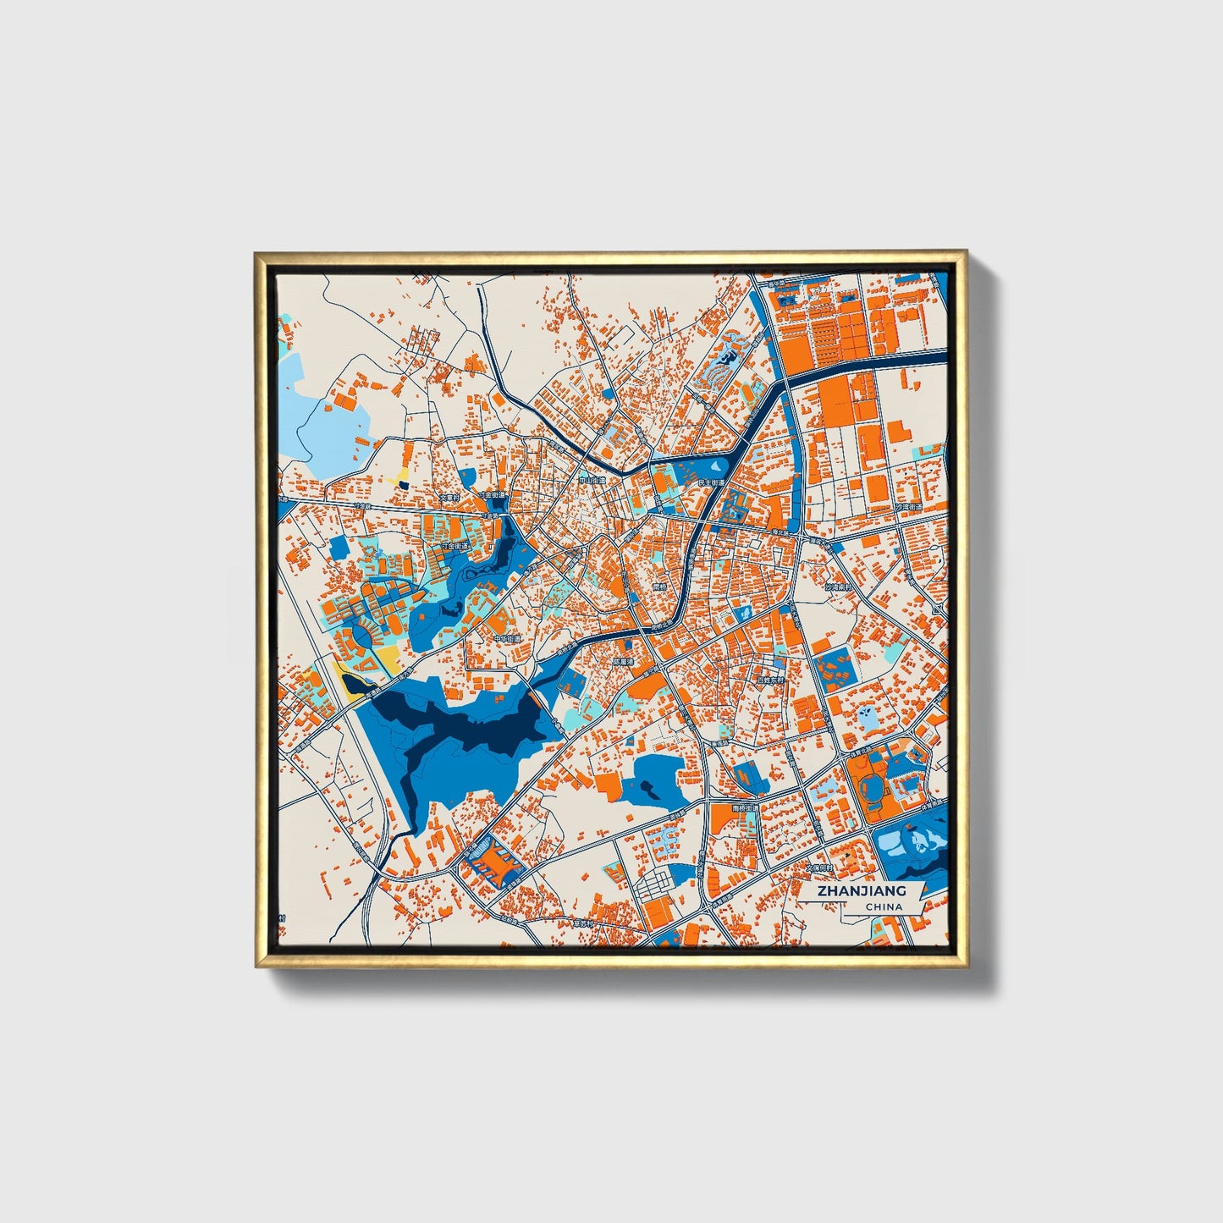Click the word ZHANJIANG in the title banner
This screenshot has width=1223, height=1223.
(862, 890)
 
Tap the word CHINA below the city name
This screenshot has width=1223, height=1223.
(884, 906)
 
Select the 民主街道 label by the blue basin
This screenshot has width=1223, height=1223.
(712, 482)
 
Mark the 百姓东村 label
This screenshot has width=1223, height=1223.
(771, 680)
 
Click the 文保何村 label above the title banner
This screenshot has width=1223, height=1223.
(819, 868)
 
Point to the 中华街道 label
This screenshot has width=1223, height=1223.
(508, 639)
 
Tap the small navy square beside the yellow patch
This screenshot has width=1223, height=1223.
(403, 485)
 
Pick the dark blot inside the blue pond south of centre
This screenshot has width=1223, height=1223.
(650, 791)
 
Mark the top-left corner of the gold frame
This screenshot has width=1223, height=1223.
(256, 252)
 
